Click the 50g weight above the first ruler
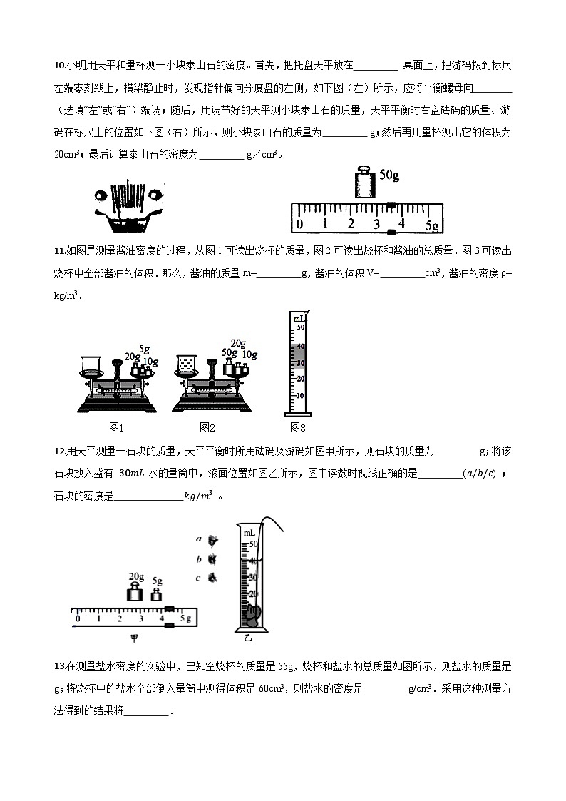[364, 185]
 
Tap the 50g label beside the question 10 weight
[389, 175]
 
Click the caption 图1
[117, 428]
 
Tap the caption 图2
[207, 428]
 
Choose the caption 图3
[298, 428]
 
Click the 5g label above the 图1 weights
[144, 350]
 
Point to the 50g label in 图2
[229, 353]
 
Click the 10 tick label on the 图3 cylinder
[301, 395]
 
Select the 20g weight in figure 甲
[135, 593]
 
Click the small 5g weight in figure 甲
[156, 594]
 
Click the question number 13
[59, 666]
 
